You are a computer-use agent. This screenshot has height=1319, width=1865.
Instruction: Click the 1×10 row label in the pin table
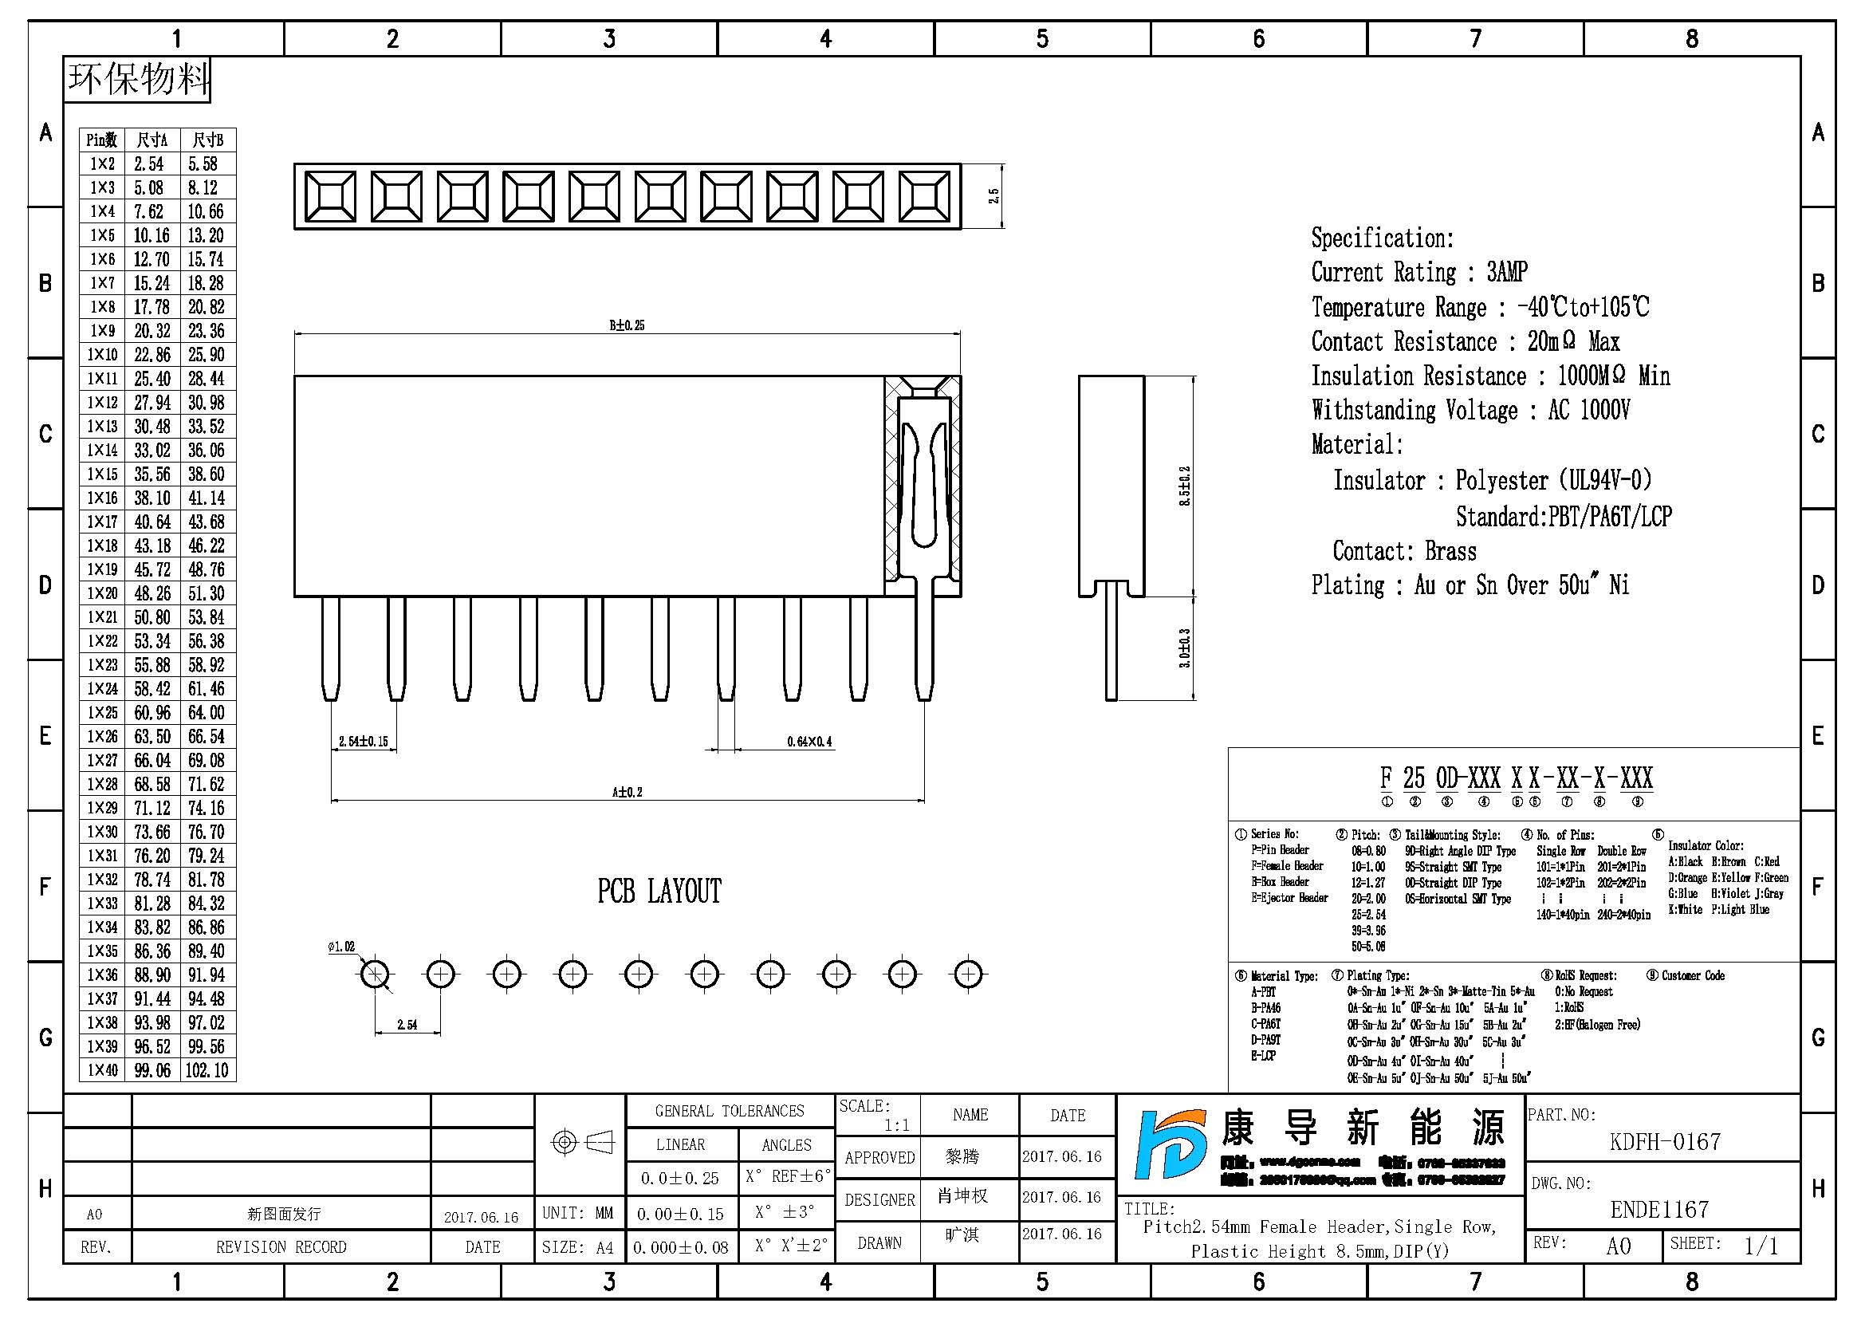tap(102, 355)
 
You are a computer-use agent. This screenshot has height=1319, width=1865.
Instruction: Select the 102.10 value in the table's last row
tap(207, 1070)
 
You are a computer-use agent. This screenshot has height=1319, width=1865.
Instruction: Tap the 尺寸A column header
tap(152, 140)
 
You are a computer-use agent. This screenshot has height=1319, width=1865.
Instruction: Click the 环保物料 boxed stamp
tap(137, 80)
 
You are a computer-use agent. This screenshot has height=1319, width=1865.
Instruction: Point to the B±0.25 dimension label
tap(626, 325)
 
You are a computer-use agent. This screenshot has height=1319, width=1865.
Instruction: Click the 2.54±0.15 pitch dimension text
tap(363, 742)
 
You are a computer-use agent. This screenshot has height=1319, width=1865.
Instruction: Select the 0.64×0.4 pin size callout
tap(809, 742)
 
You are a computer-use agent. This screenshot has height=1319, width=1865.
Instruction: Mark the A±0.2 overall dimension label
tap(626, 792)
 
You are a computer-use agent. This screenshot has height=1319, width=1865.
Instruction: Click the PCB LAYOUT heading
tap(659, 892)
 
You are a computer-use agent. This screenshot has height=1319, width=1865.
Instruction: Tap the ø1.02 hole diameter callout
tap(341, 947)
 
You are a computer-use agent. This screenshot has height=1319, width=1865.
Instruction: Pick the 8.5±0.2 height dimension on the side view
tap(1185, 486)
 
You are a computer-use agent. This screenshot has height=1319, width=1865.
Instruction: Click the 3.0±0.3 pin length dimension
tap(1185, 648)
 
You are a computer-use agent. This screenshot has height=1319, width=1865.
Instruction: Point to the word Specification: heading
tap(1382, 238)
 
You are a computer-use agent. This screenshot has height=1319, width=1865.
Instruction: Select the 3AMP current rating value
tap(1507, 272)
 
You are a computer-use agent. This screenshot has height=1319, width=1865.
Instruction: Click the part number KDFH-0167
tap(1664, 1142)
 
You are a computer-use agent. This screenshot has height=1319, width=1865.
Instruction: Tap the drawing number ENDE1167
tap(1659, 1210)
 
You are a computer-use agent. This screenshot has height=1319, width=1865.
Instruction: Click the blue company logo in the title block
tap(1171, 1145)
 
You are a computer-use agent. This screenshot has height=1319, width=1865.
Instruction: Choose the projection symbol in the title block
tap(581, 1143)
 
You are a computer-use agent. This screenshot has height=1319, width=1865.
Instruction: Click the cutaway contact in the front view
tap(923, 487)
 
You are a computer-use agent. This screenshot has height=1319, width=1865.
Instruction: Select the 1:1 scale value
tap(897, 1125)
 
